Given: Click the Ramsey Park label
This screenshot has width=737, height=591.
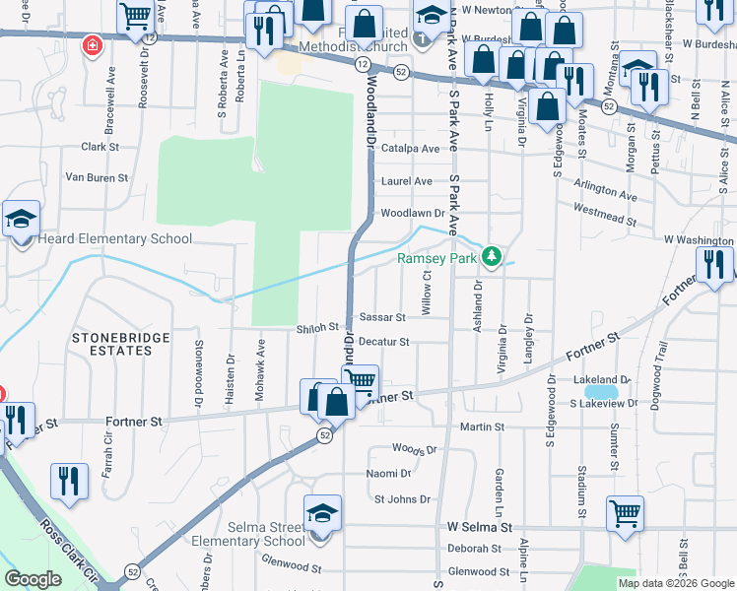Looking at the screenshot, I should (x=436, y=259).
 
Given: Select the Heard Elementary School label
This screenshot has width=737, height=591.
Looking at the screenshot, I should (x=115, y=238).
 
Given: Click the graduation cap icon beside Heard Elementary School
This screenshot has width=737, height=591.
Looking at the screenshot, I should (x=20, y=222).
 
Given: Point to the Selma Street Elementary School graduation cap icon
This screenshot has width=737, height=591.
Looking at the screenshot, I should (x=322, y=515).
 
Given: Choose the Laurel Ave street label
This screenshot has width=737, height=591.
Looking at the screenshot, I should (x=407, y=181).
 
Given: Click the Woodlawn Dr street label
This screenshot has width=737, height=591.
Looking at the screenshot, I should (x=412, y=213).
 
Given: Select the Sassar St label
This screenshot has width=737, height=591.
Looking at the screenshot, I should (x=382, y=317).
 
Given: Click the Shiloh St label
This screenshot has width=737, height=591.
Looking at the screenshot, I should (x=317, y=328).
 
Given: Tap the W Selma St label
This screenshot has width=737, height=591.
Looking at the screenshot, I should (x=478, y=528).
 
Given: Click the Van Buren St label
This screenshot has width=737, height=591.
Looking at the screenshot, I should (x=97, y=178).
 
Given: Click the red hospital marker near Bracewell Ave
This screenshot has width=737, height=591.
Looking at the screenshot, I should (x=93, y=45).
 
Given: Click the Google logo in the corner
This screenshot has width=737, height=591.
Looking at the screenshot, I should (x=33, y=579).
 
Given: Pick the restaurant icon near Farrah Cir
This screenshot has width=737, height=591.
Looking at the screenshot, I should (x=68, y=482).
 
